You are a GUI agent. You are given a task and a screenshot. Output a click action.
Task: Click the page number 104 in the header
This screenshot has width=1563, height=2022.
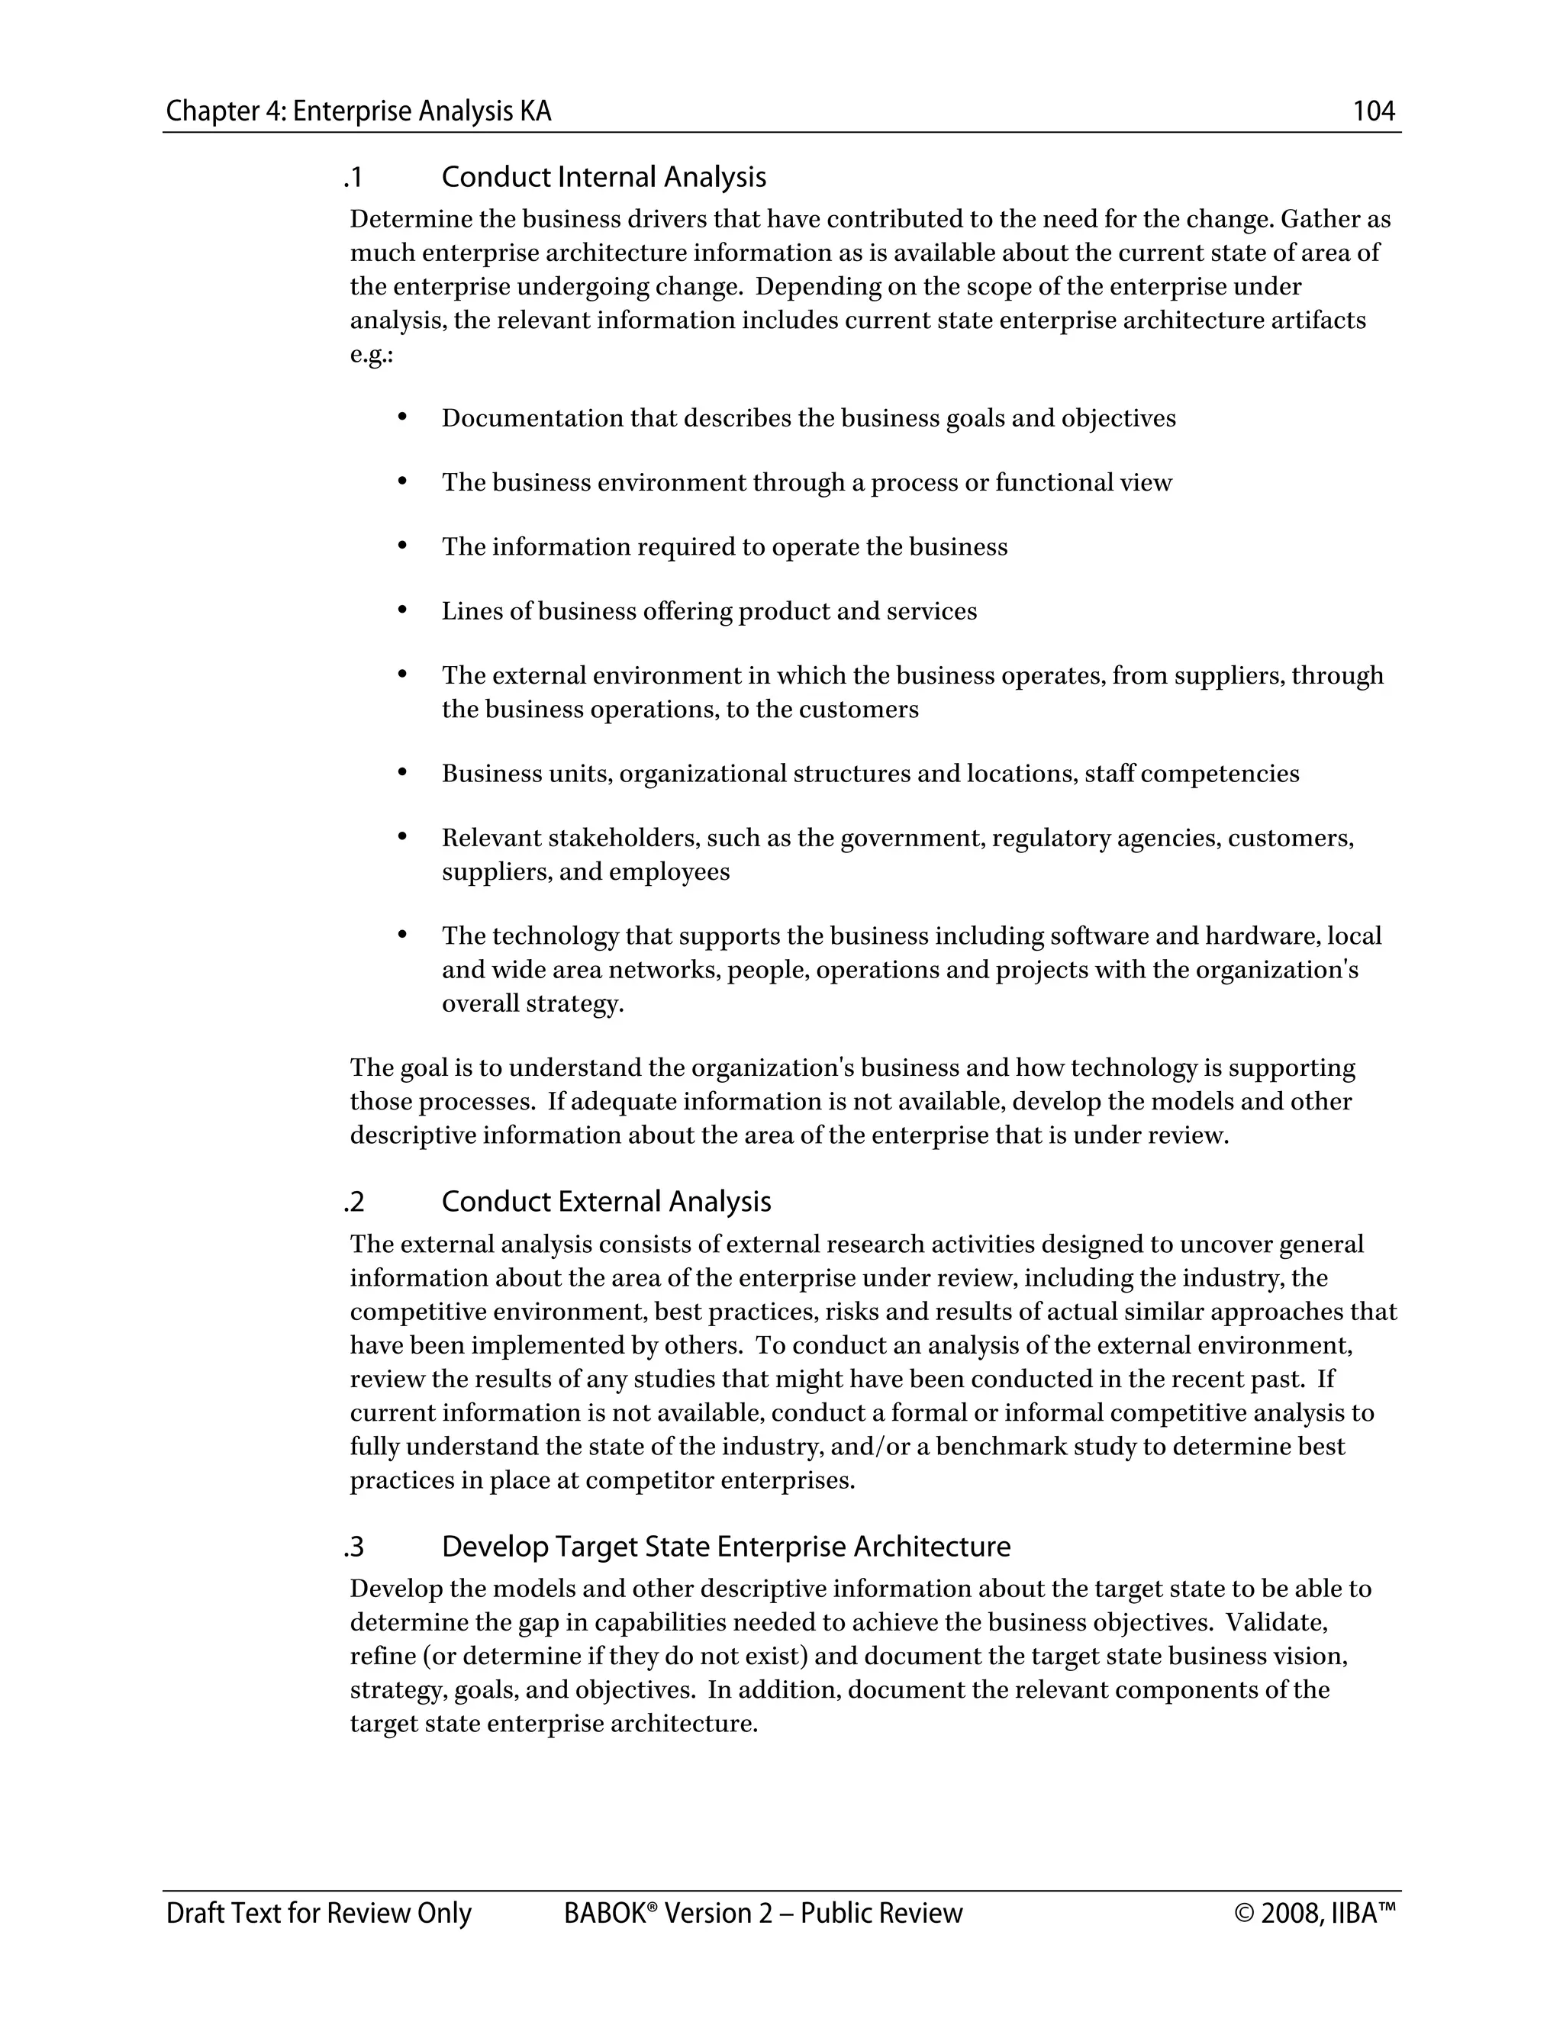tap(1373, 111)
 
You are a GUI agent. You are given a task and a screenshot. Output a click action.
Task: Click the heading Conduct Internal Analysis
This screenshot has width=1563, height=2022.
tap(604, 177)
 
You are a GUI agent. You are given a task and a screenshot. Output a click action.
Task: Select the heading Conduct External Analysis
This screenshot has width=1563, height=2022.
tap(605, 1202)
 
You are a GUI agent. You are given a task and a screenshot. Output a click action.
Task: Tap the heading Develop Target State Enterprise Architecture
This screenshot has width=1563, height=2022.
tap(726, 1547)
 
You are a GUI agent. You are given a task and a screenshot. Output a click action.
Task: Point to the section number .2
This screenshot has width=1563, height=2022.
tap(353, 1202)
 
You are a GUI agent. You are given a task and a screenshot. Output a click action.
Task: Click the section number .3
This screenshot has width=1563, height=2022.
tap(353, 1547)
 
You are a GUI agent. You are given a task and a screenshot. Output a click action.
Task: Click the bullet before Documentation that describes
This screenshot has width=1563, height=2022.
tap(402, 417)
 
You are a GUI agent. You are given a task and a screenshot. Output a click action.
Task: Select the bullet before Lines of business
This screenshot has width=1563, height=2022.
tap(402, 610)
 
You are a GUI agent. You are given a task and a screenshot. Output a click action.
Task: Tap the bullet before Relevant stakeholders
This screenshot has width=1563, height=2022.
tap(402, 837)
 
